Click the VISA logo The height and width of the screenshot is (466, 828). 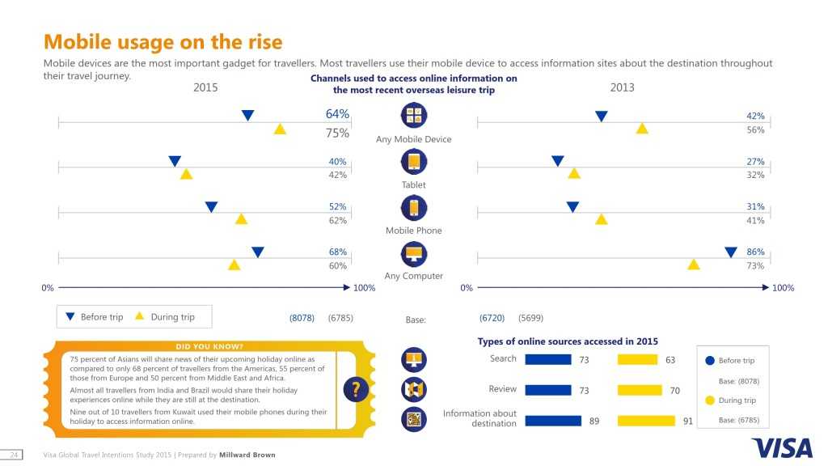(776, 447)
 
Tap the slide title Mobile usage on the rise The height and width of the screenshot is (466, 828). (163, 41)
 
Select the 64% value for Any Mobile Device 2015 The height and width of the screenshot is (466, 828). (337, 114)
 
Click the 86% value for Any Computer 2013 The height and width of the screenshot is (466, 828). (755, 252)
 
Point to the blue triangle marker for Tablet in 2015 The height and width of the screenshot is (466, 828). (175, 161)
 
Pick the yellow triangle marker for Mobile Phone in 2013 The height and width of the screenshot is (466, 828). (601, 219)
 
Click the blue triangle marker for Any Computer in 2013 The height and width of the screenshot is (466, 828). (731, 252)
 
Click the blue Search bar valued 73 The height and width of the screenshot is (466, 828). (548, 360)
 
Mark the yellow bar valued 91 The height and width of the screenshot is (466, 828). (646, 421)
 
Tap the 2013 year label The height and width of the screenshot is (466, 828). (622, 87)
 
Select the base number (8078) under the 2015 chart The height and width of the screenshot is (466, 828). (302, 318)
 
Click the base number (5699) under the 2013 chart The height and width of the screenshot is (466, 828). (531, 318)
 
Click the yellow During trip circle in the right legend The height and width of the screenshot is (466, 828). (710, 400)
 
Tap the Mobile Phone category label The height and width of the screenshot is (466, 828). (413, 231)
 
